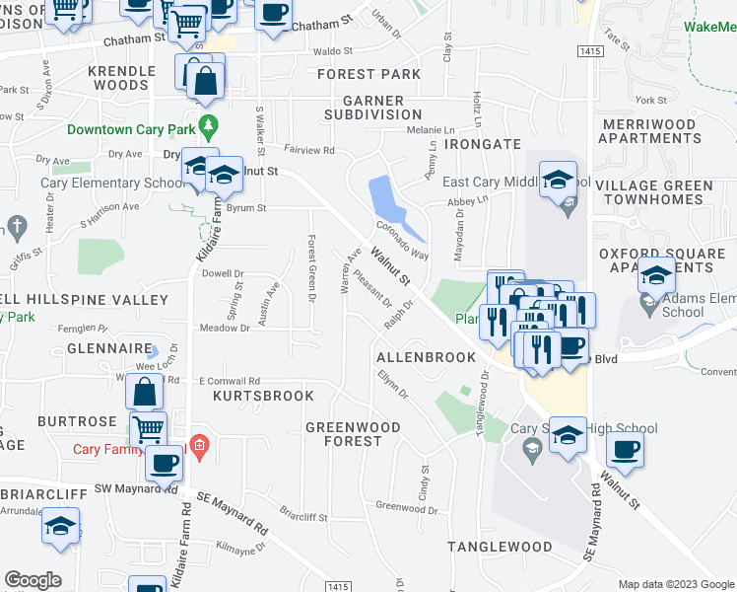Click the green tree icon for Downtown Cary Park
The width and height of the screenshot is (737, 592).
[x=207, y=127]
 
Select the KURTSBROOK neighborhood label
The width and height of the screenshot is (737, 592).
[x=263, y=396]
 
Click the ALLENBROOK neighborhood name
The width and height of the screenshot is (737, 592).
[x=426, y=356]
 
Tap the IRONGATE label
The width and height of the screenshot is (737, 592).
[x=482, y=144]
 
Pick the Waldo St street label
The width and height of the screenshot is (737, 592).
[x=332, y=50]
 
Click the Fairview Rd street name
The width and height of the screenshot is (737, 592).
[x=309, y=151]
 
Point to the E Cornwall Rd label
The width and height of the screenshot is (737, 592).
[x=229, y=381]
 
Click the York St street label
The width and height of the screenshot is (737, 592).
[x=651, y=101]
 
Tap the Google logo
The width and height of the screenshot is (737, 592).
[x=33, y=580]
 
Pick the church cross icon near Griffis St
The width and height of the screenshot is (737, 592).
[x=15, y=225]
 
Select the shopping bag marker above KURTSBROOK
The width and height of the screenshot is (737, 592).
[x=145, y=392]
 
